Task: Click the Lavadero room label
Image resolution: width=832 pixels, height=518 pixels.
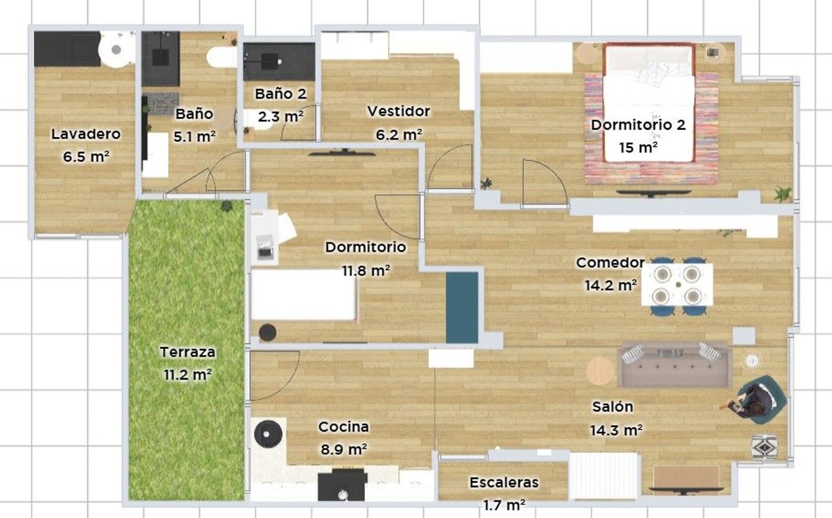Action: point(86,134)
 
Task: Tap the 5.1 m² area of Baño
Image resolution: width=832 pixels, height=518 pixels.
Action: point(195,136)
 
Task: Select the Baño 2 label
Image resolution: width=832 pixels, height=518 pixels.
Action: point(281,94)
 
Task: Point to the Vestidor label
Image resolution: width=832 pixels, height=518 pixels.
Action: point(399,111)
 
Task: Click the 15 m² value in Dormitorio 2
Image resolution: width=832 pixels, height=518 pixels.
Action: point(638,147)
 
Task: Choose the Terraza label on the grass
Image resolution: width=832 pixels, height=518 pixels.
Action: point(187,352)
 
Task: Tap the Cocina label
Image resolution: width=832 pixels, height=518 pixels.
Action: point(343,427)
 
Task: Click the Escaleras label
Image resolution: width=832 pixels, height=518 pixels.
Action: point(504,483)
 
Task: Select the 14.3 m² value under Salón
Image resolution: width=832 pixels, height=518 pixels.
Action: point(616,430)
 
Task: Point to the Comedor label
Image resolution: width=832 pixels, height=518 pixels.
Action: point(610,263)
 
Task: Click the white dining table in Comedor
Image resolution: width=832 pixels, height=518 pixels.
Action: point(677,285)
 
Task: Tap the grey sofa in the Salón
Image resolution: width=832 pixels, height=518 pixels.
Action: point(674,365)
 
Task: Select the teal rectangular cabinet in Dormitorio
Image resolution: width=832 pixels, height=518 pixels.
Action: point(462,307)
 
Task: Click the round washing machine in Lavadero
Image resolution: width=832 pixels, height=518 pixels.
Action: point(116,49)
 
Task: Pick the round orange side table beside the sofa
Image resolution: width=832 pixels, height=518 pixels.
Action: point(600,371)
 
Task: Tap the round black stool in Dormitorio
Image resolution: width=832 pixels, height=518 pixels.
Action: point(267,332)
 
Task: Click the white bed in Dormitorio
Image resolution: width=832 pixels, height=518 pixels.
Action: point(303,295)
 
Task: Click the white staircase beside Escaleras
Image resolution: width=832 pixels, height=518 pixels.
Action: point(603,476)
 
